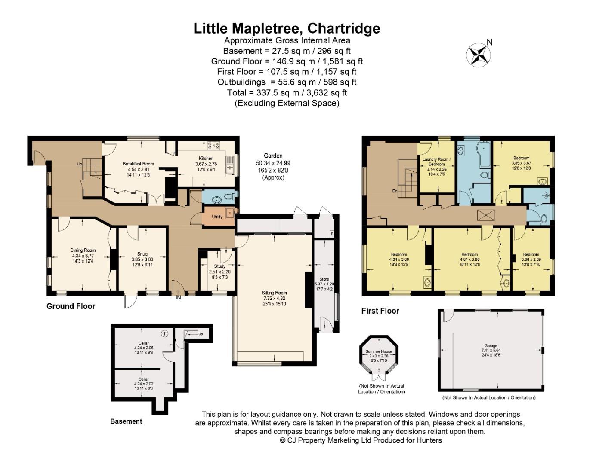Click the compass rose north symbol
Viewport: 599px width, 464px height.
[x=479, y=55]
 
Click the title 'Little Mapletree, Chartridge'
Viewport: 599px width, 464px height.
[x=287, y=28]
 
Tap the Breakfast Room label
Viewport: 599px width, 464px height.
[x=138, y=164]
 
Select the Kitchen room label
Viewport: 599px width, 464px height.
[x=206, y=159]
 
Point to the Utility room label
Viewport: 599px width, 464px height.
[x=217, y=217]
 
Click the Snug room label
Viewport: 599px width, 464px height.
[x=142, y=254]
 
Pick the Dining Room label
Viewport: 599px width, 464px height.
[x=83, y=250]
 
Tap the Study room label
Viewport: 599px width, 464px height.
[x=219, y=266]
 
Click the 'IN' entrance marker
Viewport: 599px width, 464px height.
[x=178, y=298]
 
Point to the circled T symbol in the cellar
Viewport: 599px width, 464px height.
[x=164, y=333]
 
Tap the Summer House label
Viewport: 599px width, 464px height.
[x=379, y=351]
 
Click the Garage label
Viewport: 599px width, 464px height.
[x=491, y=345]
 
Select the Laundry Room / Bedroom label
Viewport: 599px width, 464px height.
[x=436, y=162]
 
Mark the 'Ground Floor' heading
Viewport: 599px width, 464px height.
[x=71, y=306]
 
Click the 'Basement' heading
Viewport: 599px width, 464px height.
[x=126, y=421]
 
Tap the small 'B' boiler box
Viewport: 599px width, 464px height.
[x=331, y=234]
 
